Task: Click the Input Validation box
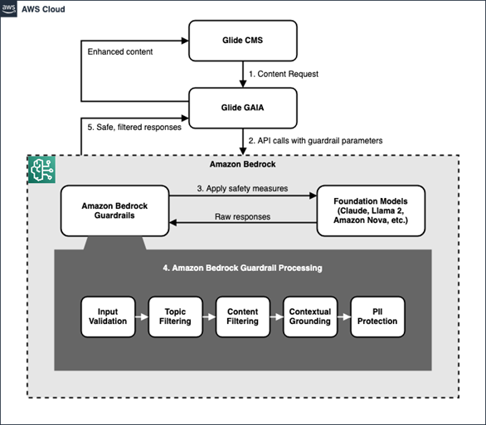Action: point(107,315)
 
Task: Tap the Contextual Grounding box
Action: point(309,315)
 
